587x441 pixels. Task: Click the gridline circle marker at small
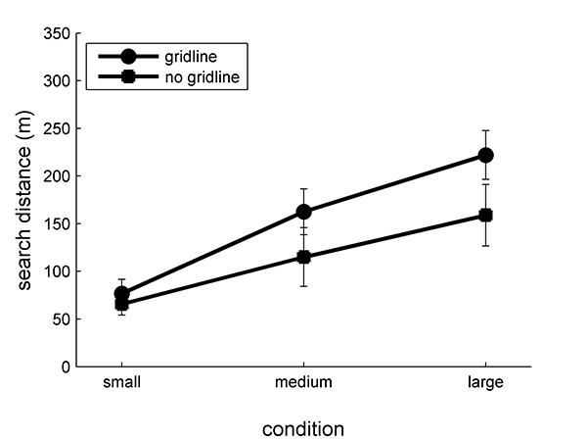click(x=121, y=293)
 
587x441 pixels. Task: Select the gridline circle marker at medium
click(x=303, y=212)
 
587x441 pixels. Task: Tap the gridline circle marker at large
click(x=485, y=155)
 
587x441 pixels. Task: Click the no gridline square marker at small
click(x=121, y=304)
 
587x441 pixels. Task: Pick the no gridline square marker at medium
click(x=303, y=257)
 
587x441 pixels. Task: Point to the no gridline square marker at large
click(x=485, y=215)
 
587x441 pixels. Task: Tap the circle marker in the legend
click(x=127, y=58)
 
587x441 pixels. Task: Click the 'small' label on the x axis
click(x=121, y=383)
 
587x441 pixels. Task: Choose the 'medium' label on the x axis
click(x=303, y=383)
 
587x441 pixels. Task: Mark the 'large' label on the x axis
click(x=485, y=383)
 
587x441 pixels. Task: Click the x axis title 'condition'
click(x=303, y=428)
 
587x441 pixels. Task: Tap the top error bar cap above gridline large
click(x=485, y=130)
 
